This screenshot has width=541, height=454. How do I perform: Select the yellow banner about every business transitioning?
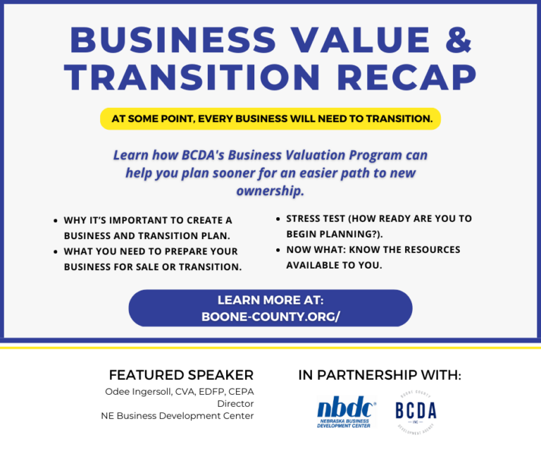[x=270, y=118]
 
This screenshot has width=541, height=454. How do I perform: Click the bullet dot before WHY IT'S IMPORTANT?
[x=56, y=221]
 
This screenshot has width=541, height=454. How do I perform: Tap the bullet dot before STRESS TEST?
[x=278, y=219]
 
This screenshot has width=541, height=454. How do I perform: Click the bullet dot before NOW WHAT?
[x=278, y=250]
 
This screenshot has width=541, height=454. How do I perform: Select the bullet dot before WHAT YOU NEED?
[x=56, y=252]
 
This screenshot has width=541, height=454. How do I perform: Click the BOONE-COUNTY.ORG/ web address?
[x=270, y=317]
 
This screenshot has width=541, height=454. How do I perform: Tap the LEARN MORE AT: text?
[x=270, y=300]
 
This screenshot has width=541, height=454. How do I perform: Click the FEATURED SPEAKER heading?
[x=181, y=374]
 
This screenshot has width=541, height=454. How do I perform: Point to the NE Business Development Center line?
[x=178, y=415]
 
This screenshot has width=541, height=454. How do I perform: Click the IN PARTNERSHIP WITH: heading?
[x=380, y=375]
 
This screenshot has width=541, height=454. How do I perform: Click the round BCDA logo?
[x=416, y=411]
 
